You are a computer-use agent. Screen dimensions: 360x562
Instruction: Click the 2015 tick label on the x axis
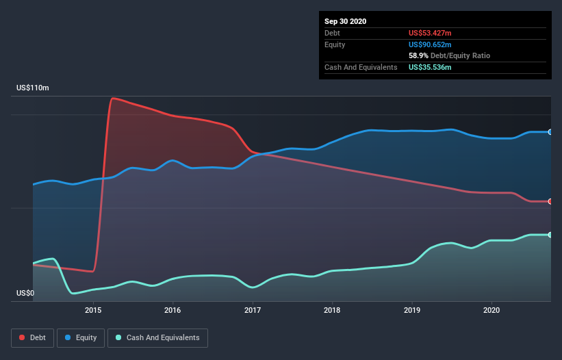93,310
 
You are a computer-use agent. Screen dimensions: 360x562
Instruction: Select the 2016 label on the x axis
173,310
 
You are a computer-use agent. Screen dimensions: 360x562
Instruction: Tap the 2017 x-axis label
253,310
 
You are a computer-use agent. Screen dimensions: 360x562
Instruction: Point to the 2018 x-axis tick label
332,310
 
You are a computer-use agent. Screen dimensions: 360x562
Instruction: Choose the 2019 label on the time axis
412,310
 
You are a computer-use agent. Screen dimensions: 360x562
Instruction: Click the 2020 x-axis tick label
491,310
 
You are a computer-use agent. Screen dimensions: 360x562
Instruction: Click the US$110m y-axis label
33,88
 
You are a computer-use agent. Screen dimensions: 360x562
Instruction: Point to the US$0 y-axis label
25,293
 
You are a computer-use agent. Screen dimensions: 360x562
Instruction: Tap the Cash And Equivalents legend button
157,337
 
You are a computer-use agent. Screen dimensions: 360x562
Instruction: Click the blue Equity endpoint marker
550,131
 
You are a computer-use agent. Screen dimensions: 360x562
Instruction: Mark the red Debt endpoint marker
550,201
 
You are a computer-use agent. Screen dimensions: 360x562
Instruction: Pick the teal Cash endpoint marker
550,235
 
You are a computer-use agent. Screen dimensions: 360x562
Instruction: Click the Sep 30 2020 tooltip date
345,21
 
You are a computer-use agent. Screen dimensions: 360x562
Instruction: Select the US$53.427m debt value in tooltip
430,33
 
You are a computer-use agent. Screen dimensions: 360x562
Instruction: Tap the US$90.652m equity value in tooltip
430,44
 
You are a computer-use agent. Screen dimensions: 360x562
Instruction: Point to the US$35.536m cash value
430,67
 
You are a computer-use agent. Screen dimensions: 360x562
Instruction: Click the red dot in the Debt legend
23,337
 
